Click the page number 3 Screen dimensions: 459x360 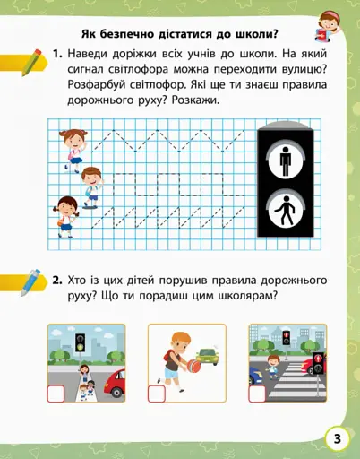pos(338,438)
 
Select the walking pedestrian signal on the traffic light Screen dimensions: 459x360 pos(285,211)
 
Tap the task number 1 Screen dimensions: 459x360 pos(56,56)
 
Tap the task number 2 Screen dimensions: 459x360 pos(56,280)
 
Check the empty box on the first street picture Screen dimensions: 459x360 pos(56,391)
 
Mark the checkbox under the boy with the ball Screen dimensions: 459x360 pos(156,393)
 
